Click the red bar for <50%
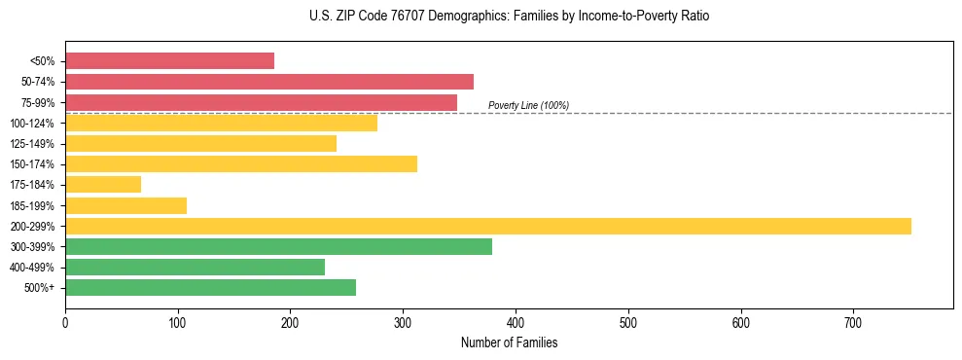click(x=169, y=61)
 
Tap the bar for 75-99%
click(x=261, y=102)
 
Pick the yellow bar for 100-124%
click(x=221, y=124)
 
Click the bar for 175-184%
click(x=103, y=185)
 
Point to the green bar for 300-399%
click(x=278, y=247)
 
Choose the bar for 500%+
click(x=210, y=288)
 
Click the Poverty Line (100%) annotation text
click(x=528, y=105)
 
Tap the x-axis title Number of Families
click(x=509, y=343)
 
